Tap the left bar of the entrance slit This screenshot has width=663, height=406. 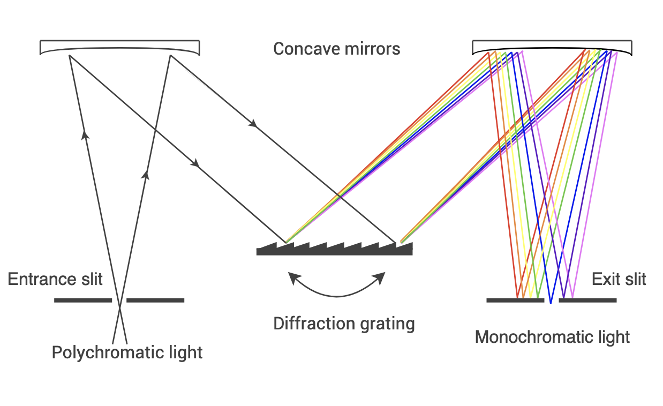83,300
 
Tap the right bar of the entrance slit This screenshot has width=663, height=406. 155,300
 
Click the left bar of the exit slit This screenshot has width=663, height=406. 515,300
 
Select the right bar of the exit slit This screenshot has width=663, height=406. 587,300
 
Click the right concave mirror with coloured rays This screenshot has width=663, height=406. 552,47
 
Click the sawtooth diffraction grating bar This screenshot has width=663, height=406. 334,251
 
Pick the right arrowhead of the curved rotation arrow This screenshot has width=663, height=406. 380,277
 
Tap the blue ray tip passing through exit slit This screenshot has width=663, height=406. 551,302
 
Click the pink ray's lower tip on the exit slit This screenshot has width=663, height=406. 572,296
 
